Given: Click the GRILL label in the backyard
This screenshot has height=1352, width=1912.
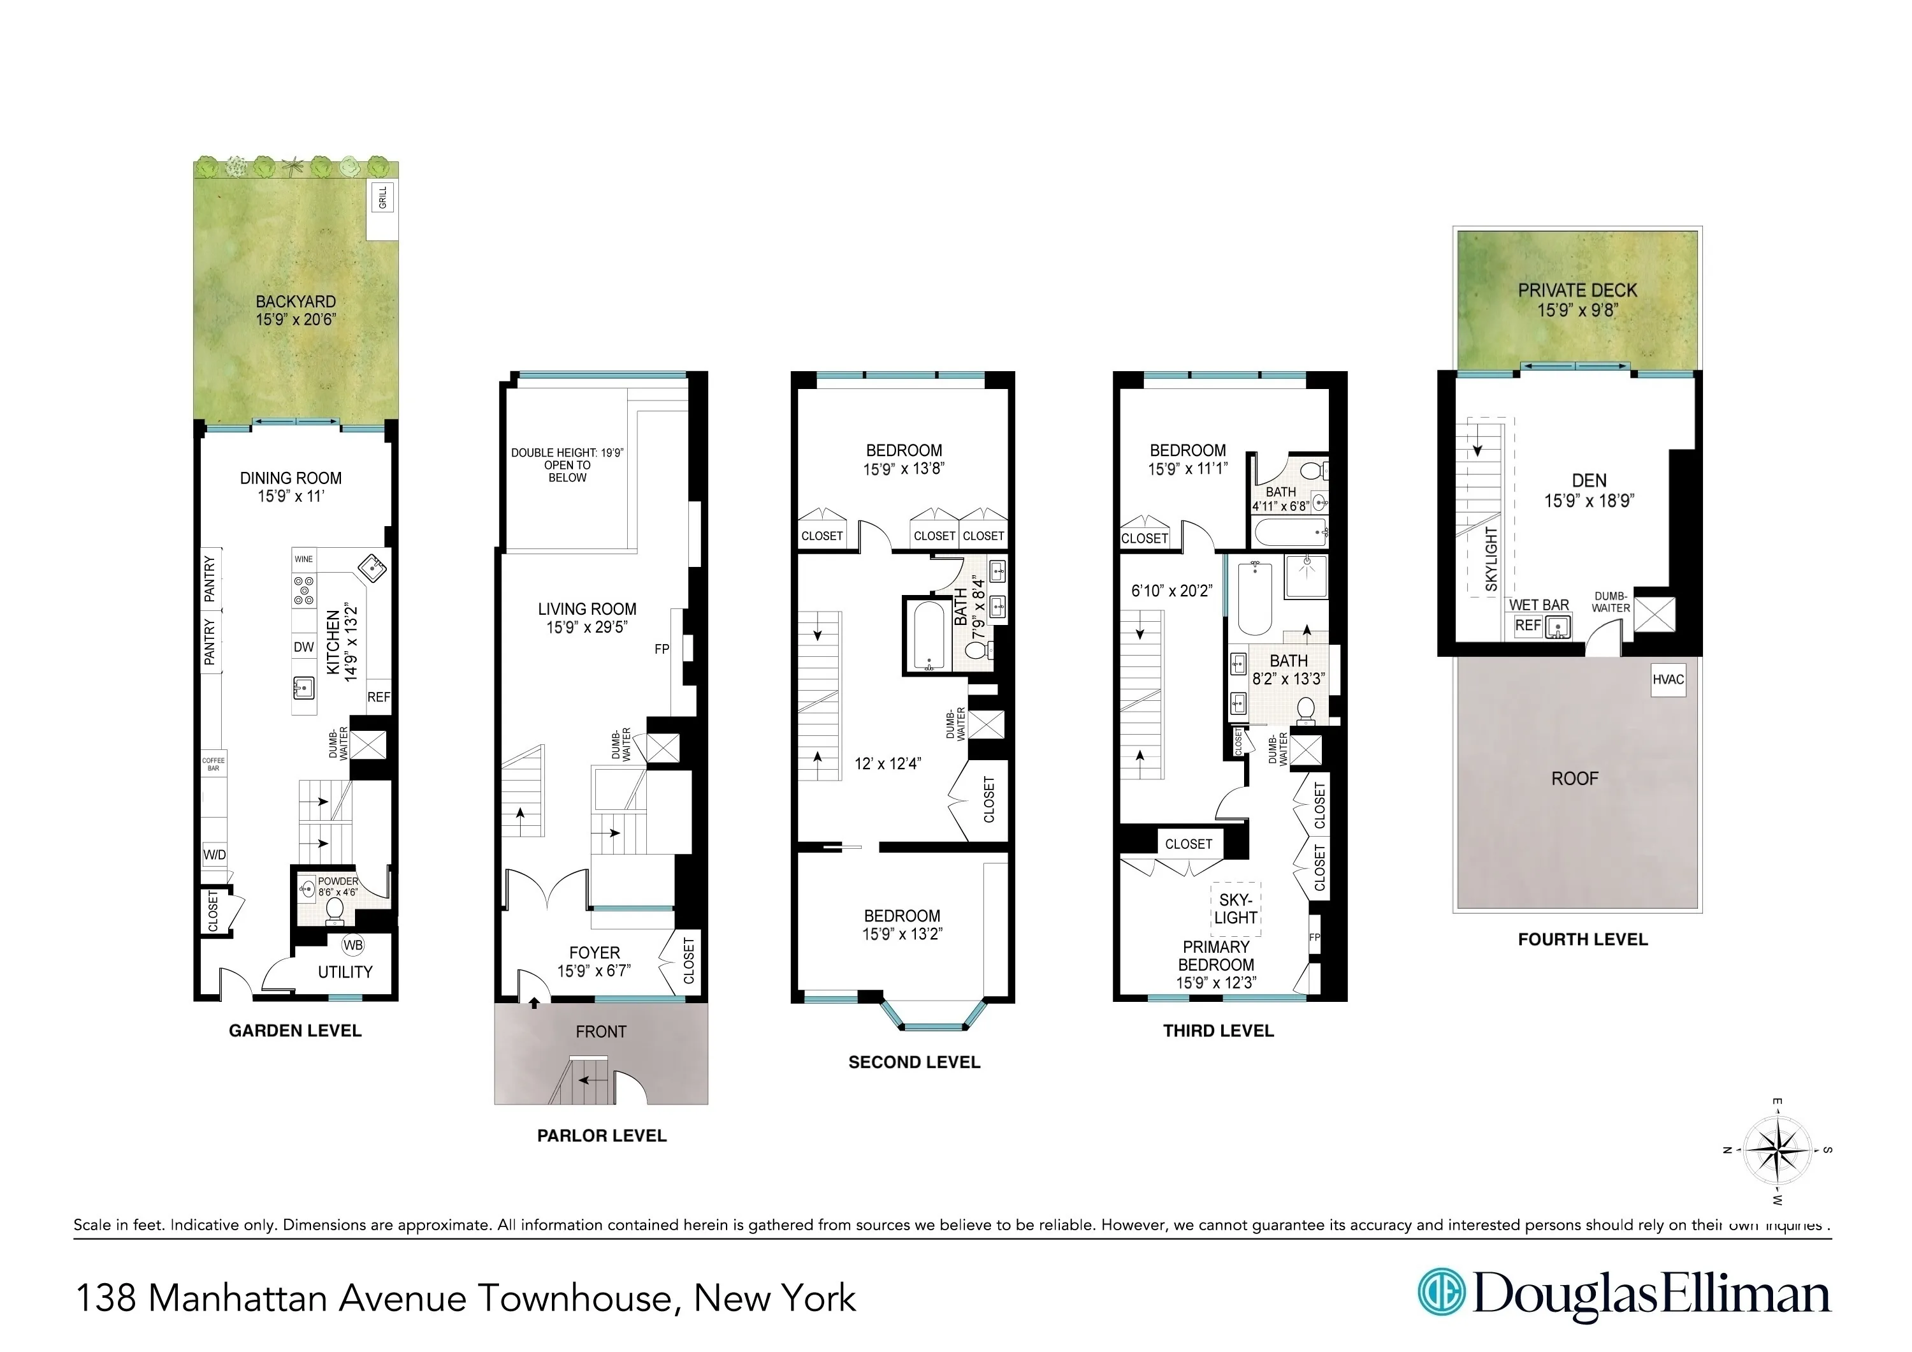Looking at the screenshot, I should point(383,198).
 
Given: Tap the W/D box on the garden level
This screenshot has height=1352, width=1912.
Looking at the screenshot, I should point(214,855).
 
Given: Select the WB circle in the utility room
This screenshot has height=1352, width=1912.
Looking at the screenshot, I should point(353,944).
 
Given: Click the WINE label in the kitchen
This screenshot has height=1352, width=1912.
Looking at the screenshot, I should point(304,559).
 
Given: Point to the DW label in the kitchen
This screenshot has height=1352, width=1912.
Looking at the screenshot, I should point(304,647).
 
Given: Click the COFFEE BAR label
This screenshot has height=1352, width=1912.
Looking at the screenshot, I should point(213,764).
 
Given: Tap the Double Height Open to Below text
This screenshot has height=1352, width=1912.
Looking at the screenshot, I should point(567,465).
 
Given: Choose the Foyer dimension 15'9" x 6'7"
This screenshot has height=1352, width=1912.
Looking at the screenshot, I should point(594,971).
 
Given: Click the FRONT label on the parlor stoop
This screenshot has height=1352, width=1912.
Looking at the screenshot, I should point(600,1031).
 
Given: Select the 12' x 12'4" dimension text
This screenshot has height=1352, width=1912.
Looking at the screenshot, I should point(888,763).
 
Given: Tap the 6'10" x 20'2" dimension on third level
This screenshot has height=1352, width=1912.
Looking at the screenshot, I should point(1171,591).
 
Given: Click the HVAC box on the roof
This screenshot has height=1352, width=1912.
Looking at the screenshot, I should point(1668,679).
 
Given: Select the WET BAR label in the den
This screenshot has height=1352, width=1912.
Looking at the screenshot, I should point(1539,605).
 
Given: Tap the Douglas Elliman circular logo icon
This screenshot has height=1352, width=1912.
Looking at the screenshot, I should point(1442,1292).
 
